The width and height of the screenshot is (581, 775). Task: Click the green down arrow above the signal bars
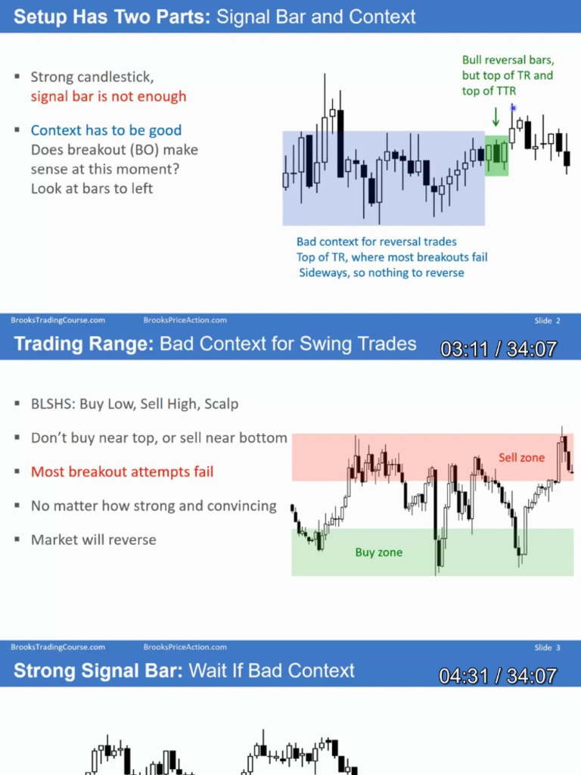point(496,117)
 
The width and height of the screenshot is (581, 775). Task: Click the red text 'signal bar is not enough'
point(108,96)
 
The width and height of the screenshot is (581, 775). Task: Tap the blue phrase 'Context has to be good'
point(106,130)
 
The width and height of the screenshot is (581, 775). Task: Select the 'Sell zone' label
point(521,457)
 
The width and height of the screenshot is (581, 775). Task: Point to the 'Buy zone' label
point(378,552)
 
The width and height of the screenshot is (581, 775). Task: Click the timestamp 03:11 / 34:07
point(499,349)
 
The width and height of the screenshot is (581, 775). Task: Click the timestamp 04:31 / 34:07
point(499,676)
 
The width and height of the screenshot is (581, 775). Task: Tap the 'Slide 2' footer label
point(547,320)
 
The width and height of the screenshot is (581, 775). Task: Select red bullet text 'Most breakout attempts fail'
point(122,472)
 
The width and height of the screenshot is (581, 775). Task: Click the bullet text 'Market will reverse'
point(93,540)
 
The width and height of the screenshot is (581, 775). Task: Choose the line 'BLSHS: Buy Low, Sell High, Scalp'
point(134,404)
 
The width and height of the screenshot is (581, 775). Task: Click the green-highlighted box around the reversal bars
point(496,156)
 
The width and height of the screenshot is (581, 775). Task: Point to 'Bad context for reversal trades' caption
point(377,242)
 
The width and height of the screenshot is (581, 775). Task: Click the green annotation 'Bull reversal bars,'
point(508,60)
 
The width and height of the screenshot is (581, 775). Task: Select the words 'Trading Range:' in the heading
point(84,344)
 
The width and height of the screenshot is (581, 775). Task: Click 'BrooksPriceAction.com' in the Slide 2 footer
point(185,320)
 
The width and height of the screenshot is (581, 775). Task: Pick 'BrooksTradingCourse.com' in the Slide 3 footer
point(58,647)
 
